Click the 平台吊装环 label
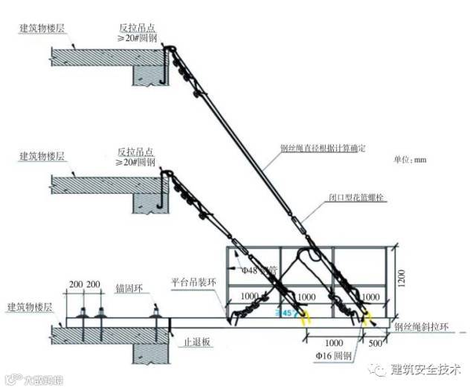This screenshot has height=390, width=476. click(192, 282)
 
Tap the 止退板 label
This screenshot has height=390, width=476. click(195, 344)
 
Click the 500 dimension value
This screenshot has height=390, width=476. click(376, 344)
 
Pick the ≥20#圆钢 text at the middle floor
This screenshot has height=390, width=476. click(136, 162)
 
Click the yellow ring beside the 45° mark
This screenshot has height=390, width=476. click(305, 319)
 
